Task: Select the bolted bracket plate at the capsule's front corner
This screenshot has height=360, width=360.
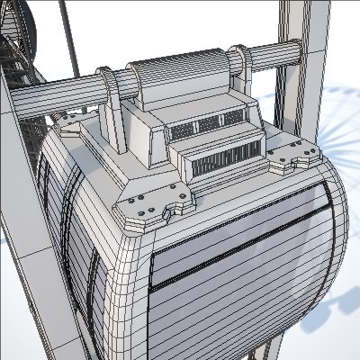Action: click(x=154, y=204)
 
